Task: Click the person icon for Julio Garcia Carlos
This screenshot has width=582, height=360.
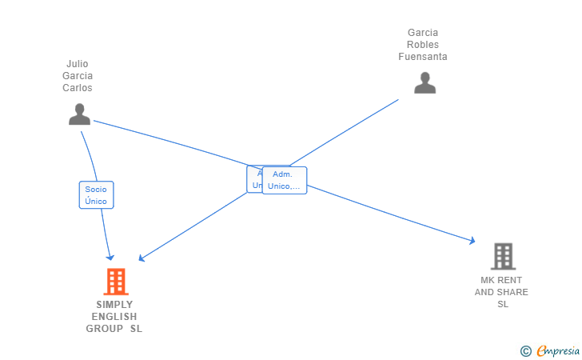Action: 79,114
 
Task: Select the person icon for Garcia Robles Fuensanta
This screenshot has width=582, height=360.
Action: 425,82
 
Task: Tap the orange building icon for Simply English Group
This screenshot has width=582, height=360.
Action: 116,282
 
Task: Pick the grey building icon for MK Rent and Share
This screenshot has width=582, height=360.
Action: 503,256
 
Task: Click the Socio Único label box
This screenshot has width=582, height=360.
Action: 96,195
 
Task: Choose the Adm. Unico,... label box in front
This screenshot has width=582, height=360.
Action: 285,180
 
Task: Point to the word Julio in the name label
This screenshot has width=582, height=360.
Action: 78,64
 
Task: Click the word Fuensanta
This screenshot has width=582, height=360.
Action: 423,57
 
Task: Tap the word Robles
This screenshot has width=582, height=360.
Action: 423,45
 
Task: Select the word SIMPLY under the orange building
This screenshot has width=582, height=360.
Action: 114,305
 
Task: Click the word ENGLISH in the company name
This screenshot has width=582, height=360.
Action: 114,317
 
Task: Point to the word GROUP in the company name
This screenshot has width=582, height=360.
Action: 105,329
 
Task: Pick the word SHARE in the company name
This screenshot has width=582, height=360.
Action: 512,292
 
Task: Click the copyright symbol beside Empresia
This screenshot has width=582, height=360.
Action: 525,350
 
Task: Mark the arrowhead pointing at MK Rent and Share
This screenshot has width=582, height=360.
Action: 472,240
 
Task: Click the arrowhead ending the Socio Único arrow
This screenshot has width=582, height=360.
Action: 111,258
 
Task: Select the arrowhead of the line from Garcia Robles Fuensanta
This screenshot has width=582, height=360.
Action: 141,258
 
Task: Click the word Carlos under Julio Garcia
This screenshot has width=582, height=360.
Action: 78,88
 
